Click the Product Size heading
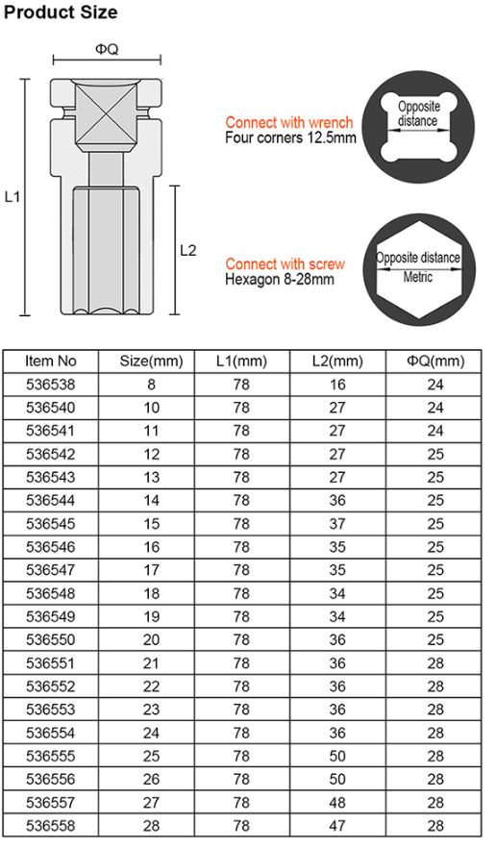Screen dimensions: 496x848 click(61, 12)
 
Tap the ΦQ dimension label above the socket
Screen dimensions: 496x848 click(106, 48)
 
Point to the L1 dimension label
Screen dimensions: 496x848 click(12, 196)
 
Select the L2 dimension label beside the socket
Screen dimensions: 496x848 click(188, 250)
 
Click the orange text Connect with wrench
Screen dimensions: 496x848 click(289, 122)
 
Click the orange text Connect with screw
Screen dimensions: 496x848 click(285, 263)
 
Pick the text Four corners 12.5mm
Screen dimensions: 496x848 click(290, 137)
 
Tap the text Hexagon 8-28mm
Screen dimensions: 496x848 click(280, 280)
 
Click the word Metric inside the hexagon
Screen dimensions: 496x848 click(417, 277)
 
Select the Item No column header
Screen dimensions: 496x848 click(50, 362)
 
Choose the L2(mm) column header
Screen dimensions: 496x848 click(337, 362)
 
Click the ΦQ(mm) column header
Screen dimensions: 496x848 click(434, 362)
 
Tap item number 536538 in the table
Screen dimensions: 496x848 click(50, 385)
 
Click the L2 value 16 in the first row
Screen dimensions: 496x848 click(337, 385)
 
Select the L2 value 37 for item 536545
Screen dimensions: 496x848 click(337, 524)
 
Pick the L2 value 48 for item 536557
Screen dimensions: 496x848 click(337, 803)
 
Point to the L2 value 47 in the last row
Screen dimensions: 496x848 click(337, 826)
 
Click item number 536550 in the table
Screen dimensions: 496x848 click(50, 640)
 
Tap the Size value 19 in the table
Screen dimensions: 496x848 click(151, 617)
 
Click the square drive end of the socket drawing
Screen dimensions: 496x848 click(106, 115)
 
